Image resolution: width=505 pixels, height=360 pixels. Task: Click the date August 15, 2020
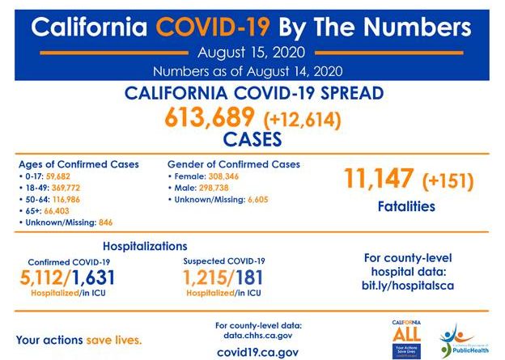click(x=252, y=53)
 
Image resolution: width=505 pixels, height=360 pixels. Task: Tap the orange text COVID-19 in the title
click(x=214, y=27)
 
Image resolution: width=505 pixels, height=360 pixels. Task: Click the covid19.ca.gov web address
click(x=257, y=352)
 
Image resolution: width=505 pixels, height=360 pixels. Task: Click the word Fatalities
click(x=406, y=206)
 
